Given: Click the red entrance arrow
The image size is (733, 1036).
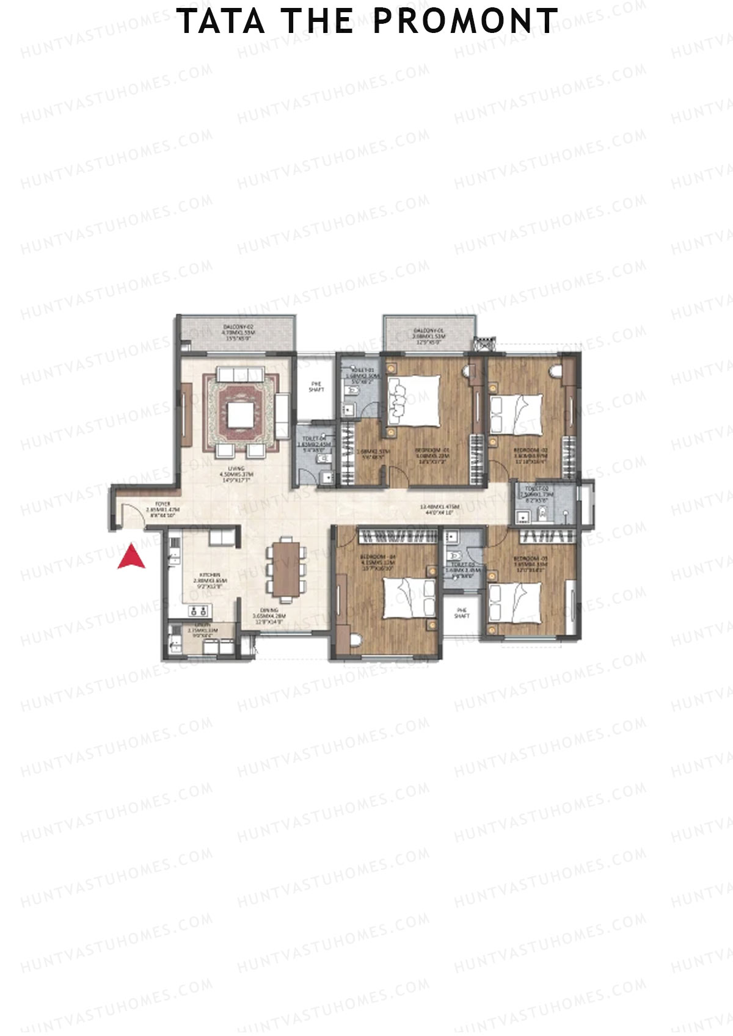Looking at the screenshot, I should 131,557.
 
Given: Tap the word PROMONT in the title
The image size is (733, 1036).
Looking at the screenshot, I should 465,21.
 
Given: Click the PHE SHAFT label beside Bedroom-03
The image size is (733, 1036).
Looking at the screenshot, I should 462,613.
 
